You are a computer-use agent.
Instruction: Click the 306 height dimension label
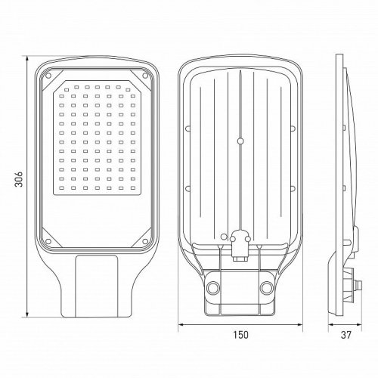click(x=19, y=179)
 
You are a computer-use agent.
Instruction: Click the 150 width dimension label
click(x=240, y=335)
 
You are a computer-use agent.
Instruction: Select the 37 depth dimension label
click(x=345, y=335)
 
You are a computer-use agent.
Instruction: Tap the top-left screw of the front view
click(x=48, y=76)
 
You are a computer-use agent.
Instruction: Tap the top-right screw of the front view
click(x=145, y=76)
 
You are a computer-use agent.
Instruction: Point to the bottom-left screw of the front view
click(x=48, y=241)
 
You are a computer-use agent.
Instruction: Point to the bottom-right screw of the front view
click(x=145, y=241)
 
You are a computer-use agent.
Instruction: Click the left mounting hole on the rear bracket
click(x=213, y=287)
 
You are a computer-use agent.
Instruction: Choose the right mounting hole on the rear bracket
click(x=267, y=287)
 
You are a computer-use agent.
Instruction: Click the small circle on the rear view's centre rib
click(x=240, y=141)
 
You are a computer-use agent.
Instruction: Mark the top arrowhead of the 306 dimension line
click(x=27, y=59)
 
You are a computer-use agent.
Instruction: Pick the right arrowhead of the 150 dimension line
click(x=299, y=324)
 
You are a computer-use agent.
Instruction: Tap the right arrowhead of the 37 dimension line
click(x=359, y=324)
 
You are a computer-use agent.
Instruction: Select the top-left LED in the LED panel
click(x=67, y=89)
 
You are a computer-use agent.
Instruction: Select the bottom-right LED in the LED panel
click(x=133, y=187)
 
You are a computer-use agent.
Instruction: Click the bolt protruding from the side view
click(x=358, y=285)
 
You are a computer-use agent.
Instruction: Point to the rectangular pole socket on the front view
click(x=97, y=286)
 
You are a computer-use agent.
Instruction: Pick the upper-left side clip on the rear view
click(x=187, y=129)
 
